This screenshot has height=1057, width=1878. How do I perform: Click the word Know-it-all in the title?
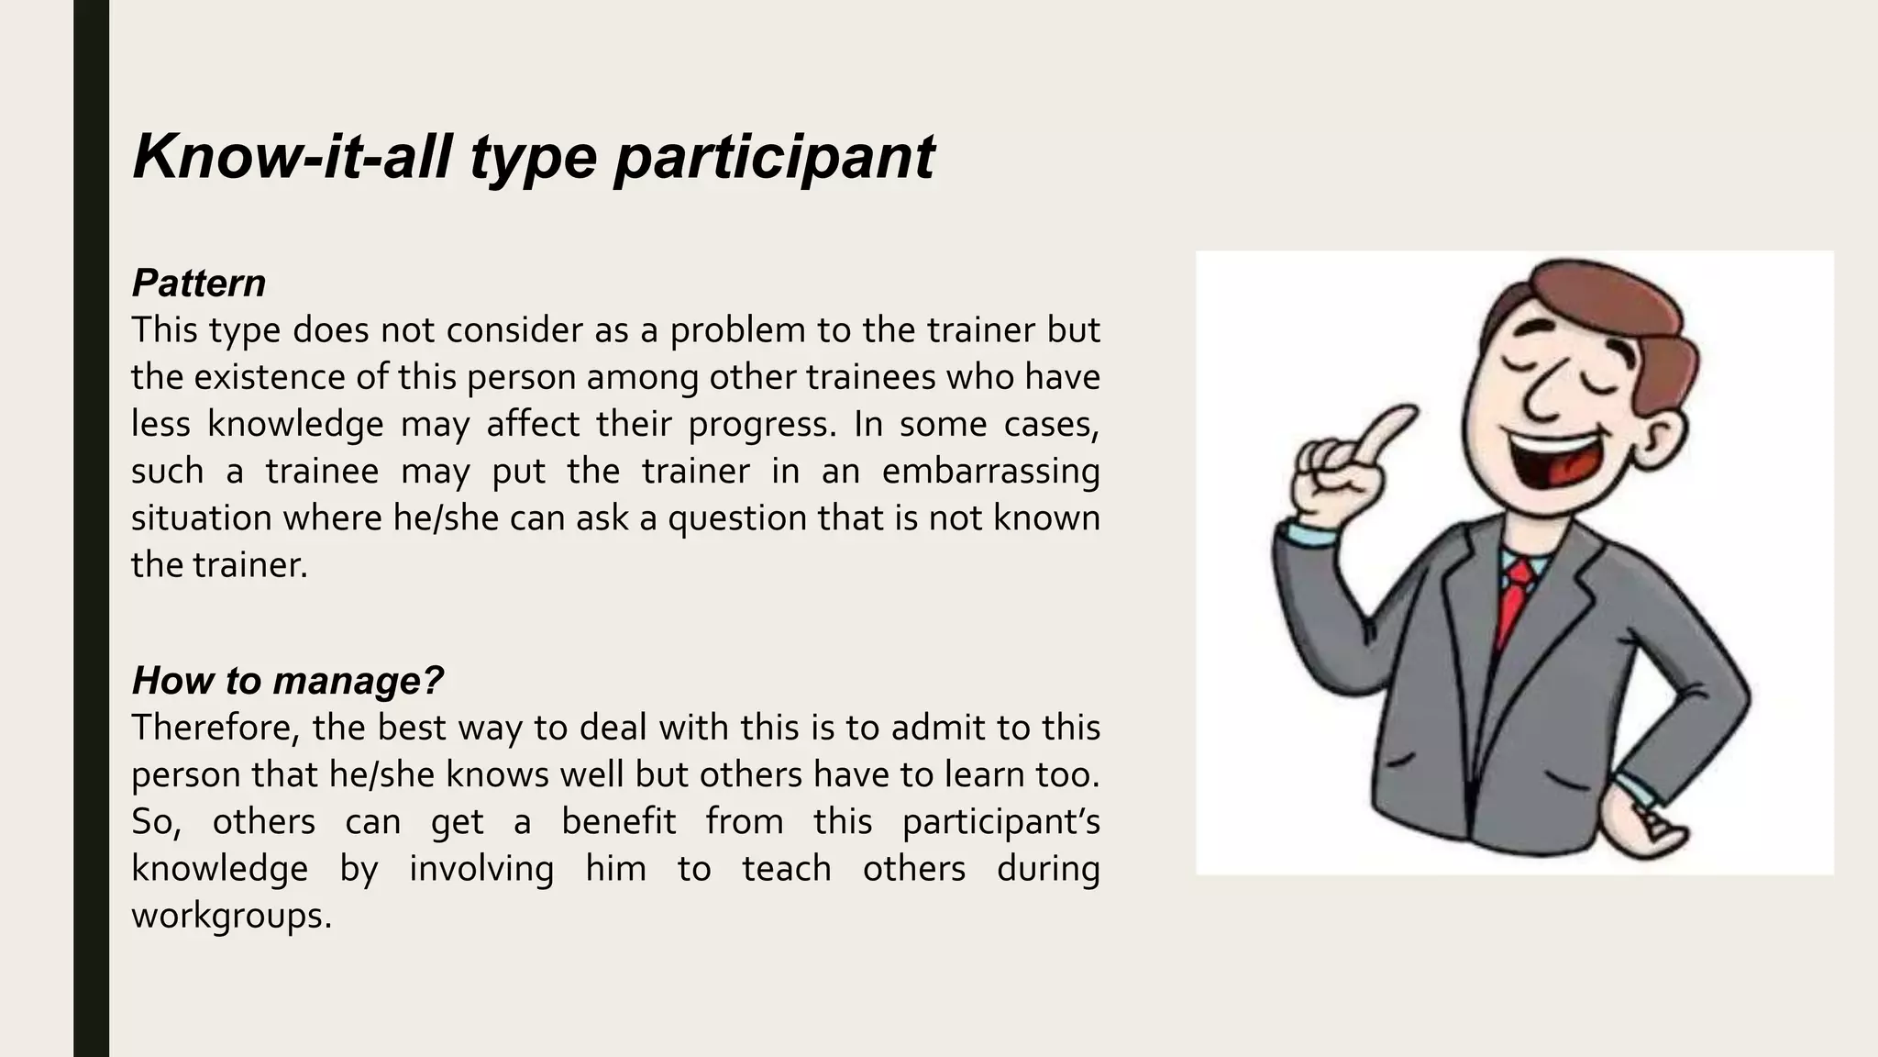(293, 156)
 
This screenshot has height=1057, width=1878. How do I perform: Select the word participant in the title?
(774, 158)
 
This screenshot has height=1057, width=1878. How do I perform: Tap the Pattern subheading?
(199, 283)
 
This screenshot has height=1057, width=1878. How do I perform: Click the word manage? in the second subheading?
(358, 680)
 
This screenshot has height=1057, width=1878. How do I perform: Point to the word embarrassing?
(990, 471)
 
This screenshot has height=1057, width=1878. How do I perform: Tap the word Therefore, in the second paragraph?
(215, 728)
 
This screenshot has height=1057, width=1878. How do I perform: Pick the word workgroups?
(231, 915)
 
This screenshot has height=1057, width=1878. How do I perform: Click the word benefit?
(618, 821)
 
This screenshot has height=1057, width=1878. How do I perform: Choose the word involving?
(481, 868)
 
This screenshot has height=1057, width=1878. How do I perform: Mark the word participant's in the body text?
(1000, 822)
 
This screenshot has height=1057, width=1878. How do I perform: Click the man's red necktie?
(1514, 596)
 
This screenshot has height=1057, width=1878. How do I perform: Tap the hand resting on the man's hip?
(1651, 821)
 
